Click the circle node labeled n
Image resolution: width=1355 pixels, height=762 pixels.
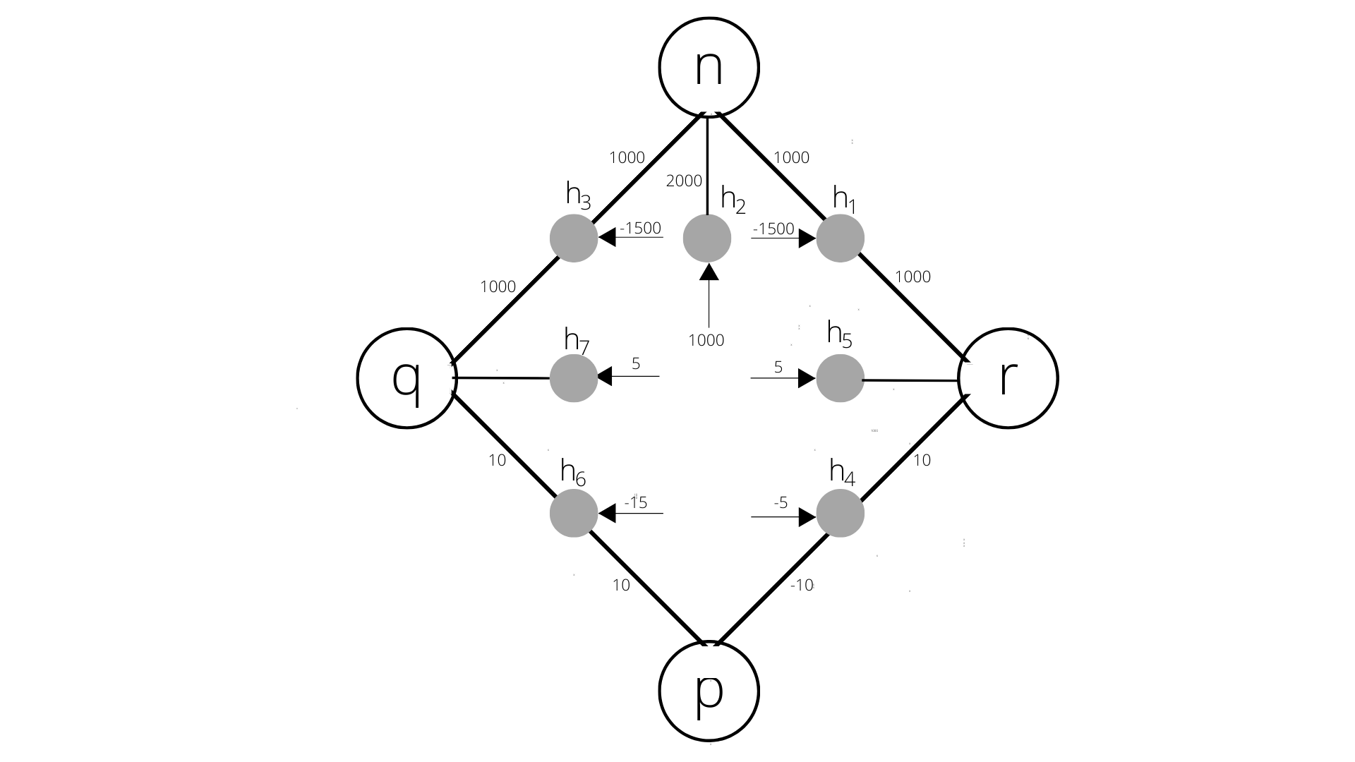[x=709, y=67]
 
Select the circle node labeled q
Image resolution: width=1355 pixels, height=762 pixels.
[x=406, y=378]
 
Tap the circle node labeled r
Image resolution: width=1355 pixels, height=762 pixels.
[x=1008, y=378]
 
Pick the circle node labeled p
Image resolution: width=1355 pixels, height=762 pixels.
[x=709, y=691]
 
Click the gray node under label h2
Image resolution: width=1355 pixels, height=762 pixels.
[x=707, y=238]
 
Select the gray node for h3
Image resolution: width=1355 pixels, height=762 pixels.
[x=574, y=238]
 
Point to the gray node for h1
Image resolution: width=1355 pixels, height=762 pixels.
[x=841, y=238]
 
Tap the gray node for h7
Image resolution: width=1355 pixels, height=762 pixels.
[x=574, y=378]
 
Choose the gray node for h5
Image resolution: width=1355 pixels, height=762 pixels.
[x=841, y=378]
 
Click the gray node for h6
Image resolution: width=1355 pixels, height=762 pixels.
[x=574, y=513]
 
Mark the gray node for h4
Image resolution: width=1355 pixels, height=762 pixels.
[x=841, y=513]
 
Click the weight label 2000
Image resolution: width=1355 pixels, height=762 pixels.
[x=684, y=181]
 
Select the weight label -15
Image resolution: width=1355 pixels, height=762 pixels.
[x=636, y=502]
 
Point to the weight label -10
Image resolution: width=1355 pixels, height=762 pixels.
[x=802, y=585]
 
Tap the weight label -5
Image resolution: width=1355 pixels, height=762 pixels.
[x=781, y=502]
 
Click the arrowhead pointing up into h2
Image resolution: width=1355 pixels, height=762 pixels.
[x=709, y=271]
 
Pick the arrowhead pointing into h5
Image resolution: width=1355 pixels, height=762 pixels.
[x=807, y=378]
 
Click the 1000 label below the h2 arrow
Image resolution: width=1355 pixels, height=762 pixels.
[x=706, y=341]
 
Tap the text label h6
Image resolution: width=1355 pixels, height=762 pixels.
[x=572, y=471]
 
